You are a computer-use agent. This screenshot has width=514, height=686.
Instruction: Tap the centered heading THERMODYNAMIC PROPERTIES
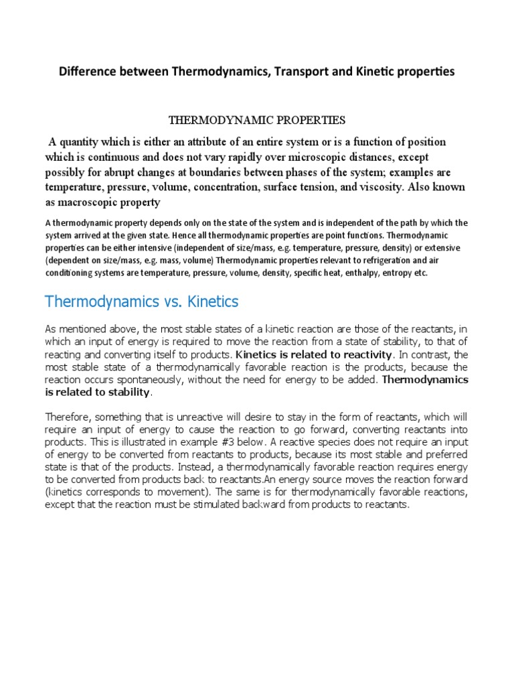pyautogui.click(x=256, y=121)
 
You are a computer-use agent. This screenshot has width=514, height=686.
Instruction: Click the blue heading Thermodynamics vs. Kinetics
pyautogui.click(x=141, y=301)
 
